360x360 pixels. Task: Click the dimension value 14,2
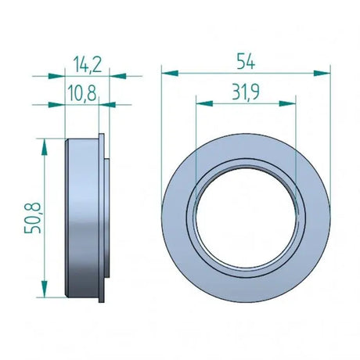pos(85,61)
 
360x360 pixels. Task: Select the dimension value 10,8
pos(83,94)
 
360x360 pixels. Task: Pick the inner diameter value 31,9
pos(247,92)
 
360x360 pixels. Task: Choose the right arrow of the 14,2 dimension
pos(117,76)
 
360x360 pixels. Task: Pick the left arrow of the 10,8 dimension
pos(56,103)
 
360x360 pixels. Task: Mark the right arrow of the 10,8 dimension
pos(108,103)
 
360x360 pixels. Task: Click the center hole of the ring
pos(246,214)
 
